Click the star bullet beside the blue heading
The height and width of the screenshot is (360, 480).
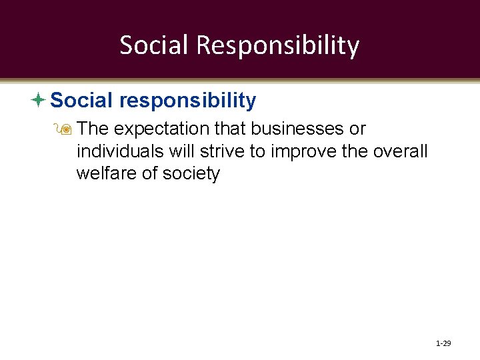point(38,100)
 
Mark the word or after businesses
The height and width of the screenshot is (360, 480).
point(357,128)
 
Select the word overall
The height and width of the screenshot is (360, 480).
point(400,151)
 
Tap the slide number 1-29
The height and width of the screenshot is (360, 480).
point(443,343)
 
